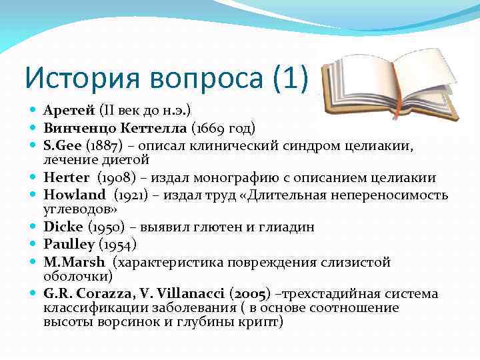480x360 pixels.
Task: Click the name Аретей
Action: [x=69, y=109]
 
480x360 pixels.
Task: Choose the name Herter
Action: [x=67, y=178]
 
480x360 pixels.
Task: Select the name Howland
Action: [x=75, y=195]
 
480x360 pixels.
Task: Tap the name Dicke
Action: [x=62, y=226]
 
